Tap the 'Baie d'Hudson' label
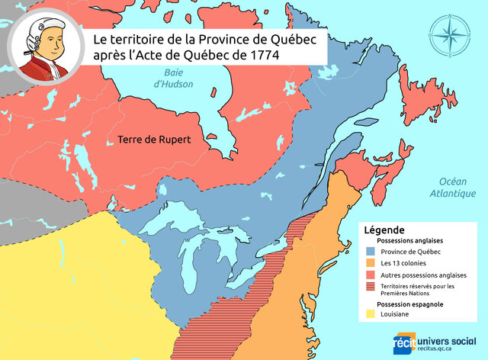pos(174,78)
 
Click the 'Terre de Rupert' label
pos(153,140)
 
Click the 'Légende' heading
pos(384,229)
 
